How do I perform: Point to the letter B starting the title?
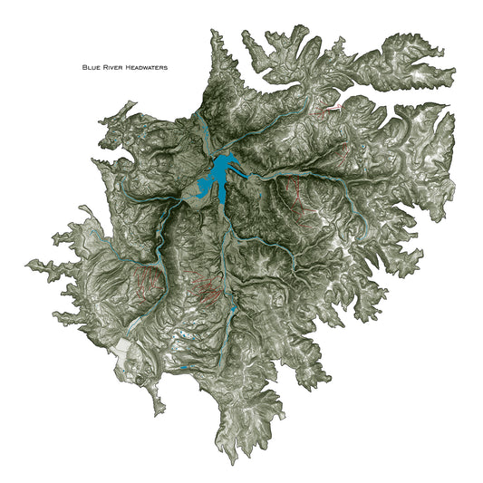[x=84, y=67]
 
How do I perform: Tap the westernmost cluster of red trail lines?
[x=149, y=282]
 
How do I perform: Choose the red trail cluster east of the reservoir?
[x=295, y=191]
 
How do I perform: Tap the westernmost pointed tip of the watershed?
[x=28, y=266]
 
